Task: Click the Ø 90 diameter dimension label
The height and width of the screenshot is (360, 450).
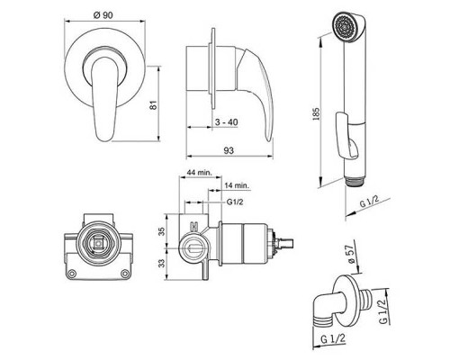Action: [103, 15]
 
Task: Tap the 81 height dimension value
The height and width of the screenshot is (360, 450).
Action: [153, 105]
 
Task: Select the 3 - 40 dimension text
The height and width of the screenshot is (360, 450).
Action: [227, 122]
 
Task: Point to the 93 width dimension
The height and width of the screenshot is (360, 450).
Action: [229, 150]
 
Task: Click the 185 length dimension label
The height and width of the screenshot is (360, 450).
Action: [316, 114]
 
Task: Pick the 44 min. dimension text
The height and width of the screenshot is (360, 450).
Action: [200, 173]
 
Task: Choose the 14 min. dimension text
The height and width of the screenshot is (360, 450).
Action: [237, 185]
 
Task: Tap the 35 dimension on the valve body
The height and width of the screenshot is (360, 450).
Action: [162, 231]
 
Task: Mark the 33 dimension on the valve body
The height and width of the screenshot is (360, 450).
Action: [162, 264]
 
